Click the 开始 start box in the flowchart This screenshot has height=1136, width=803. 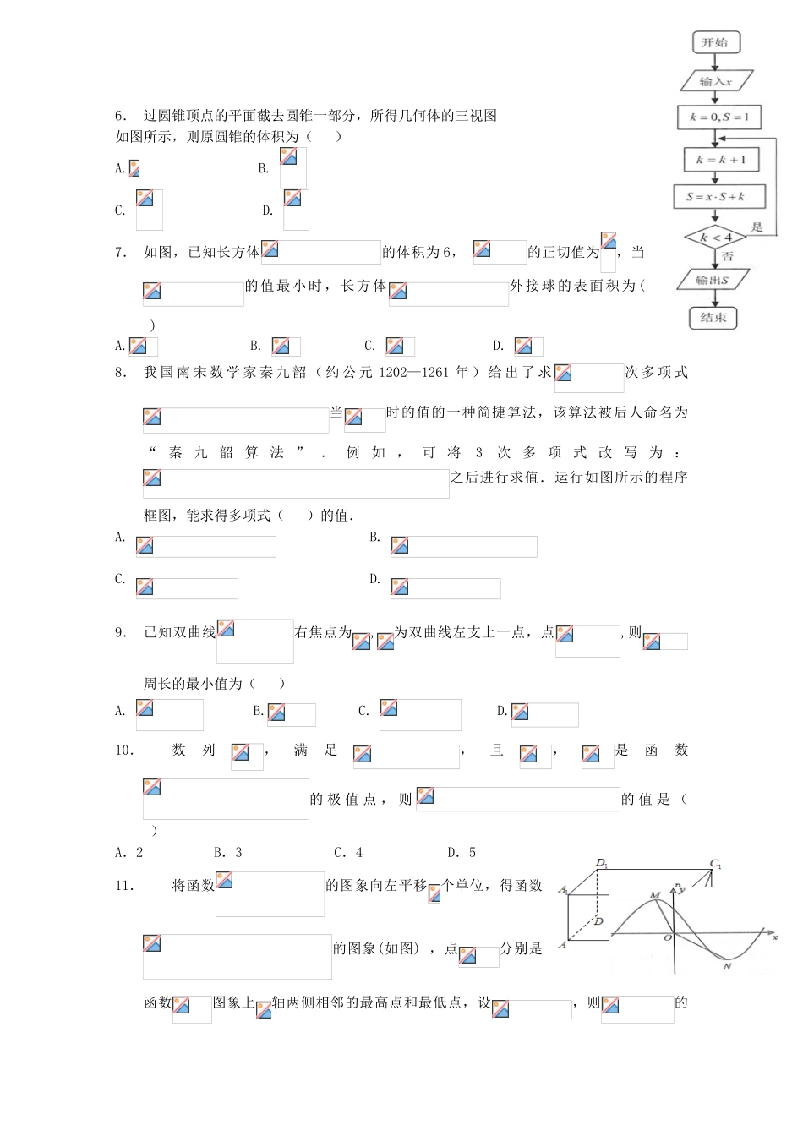(x=715, y=42)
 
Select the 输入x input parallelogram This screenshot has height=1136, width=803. (x=715, y=81)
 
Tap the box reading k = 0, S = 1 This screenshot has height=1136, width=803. (x=719, y=117)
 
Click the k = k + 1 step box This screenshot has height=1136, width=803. (x=720, y=159)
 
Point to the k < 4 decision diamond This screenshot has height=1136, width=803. (x=715, y=238)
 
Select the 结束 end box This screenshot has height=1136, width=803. (x=713, y=318)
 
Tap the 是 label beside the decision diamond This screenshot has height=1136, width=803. (x=757, y=227)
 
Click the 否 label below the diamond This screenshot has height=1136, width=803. (x=728, y=256)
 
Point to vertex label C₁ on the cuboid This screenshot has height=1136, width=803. (x=716, y=864)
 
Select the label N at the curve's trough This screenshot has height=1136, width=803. (x=727, y=965)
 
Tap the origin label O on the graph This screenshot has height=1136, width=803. (x=667, y=937)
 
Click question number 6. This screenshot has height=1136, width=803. (x=121, y=116)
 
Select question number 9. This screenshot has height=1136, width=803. (x=121, y=632)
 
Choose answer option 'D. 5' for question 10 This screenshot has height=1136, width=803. (x=462, y=852)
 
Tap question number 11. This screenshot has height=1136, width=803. (x=124, y=885)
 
